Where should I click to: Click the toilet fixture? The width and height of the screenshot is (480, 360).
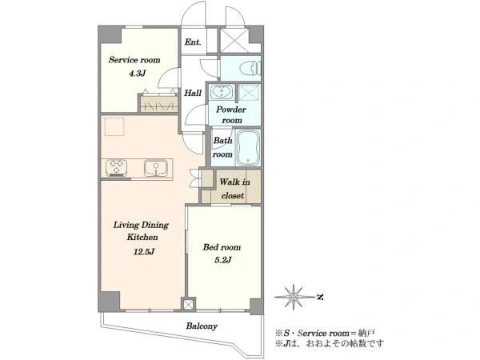250,69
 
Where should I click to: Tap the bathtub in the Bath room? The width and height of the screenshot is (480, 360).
248,147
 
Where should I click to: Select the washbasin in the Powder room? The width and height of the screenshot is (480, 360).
221,91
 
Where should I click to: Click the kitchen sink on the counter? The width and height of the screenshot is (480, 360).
156,168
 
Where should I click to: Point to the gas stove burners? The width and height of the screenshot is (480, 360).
116,168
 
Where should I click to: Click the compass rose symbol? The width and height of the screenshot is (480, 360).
294,297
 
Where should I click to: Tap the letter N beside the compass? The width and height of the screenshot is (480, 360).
320,297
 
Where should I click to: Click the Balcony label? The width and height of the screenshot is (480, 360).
202,326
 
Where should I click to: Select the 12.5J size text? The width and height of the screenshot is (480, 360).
143,252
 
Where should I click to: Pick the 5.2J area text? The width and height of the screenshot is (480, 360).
222,260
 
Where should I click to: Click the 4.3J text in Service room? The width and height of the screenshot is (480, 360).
137,74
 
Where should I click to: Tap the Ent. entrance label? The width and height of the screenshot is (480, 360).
193,42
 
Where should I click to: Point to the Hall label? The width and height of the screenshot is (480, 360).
193,93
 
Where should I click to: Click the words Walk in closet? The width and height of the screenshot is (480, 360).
234,189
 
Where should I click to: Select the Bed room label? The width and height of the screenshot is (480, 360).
222,247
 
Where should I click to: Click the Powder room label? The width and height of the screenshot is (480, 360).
231,114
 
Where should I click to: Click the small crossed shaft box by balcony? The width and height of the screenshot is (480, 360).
188,304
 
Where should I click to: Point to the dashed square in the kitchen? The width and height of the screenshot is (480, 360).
114,126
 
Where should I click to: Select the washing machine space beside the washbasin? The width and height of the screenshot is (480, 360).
249,92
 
